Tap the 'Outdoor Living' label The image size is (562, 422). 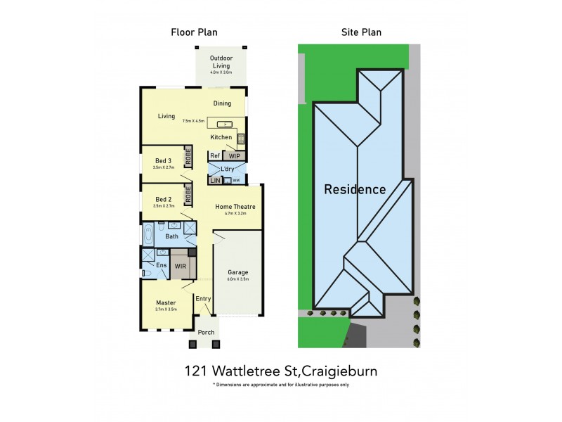pos(221,62)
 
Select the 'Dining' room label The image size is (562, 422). pos(222,103)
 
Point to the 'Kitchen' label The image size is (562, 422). pos(221,137)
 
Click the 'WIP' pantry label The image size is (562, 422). pos(235,156)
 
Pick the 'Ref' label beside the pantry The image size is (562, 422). pos(215,156)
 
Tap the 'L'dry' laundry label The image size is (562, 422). pos(227,170)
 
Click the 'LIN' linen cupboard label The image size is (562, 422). pos(215,181)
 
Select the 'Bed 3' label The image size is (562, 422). pos(162,161)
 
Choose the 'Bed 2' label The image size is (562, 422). pos(162,199)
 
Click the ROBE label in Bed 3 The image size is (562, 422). pos(188,157)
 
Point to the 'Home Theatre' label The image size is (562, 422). pos(235,206)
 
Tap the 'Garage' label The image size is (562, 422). pos(238,272)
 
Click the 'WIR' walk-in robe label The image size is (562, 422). pos(180,267)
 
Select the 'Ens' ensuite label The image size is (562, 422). pos(161,266)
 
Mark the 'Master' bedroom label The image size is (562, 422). pos(166,303)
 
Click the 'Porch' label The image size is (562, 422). pos(206,332)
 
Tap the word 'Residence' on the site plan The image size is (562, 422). pos(355,189)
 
